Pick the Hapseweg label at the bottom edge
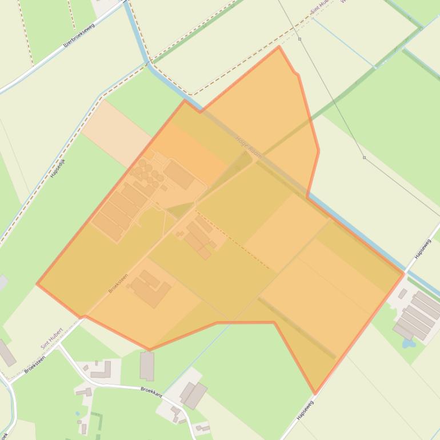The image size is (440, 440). click(305, 410)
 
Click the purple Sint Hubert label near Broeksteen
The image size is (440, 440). click(51, 339)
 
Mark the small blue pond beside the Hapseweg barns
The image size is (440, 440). click(407, 343)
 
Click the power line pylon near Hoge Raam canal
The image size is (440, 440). click(364, 158)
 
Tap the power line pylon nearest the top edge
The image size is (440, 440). click(299, 39)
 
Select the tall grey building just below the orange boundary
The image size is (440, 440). click(147, 366)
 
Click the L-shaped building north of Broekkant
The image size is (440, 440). click(101, 370)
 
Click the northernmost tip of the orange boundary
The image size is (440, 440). click(279, 46)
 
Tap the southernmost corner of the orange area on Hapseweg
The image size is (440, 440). click(315, 394)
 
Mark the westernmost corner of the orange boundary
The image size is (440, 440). click(37, 283)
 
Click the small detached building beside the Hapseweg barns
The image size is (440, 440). click(403, 294)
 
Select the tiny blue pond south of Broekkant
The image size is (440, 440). click(77, 413)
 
